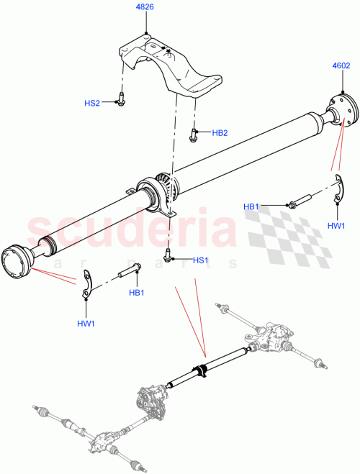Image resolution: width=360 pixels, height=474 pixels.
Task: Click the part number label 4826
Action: click(x=146, y=9)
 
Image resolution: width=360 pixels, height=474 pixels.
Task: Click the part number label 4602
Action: click(x=341, y=65)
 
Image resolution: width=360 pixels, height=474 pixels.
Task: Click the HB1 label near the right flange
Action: click(x=251, y=207)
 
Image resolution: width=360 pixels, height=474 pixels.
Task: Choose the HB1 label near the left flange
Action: click(x=136, y=293)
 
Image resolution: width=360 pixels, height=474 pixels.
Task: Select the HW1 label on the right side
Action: click(x=336, y=225)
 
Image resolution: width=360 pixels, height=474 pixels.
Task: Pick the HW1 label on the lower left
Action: click(x=86, y=324)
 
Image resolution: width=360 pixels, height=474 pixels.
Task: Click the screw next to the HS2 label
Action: click(x=120, y=101)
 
